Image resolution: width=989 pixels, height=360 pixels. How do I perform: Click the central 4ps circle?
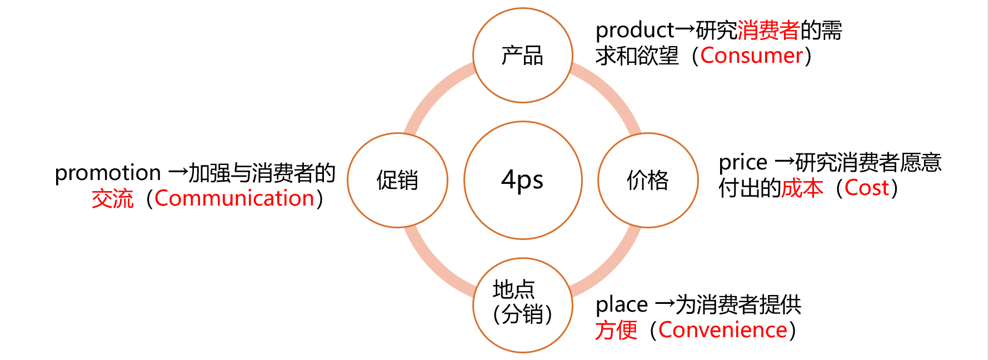(x=523, y=180)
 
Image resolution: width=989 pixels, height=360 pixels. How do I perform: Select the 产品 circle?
(x=523, y=56)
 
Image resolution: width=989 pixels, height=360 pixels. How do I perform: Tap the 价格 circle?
(x=648, y=180)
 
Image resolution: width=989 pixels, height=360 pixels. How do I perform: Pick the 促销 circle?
(x=398, y=180)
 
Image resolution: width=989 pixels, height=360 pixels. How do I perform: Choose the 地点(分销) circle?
(x=523, y=305)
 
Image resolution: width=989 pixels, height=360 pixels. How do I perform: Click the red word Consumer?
(x=751, y=56)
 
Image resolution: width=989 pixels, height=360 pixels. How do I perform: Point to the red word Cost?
(x=867, y=188)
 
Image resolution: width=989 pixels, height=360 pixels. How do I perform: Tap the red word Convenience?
(x=722, y=330)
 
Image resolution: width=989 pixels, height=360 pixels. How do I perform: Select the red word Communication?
(x=234, y=198)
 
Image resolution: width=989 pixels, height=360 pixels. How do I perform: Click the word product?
(x=635, y=30)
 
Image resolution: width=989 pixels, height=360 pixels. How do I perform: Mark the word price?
(x=743, y=163)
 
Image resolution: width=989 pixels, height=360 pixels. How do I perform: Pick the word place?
(x=621, y=305)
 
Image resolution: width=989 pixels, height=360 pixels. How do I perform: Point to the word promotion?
(x=108, y=173)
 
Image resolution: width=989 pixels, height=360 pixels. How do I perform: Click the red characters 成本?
(x=802, y=188)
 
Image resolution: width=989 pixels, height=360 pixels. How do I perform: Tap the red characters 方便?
(x=616, y=330)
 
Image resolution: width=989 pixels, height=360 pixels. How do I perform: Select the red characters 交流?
(x=113, y=198)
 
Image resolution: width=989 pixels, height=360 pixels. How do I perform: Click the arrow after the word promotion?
(x=178, y=173)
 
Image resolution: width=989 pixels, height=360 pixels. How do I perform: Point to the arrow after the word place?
(x=665, y=304)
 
